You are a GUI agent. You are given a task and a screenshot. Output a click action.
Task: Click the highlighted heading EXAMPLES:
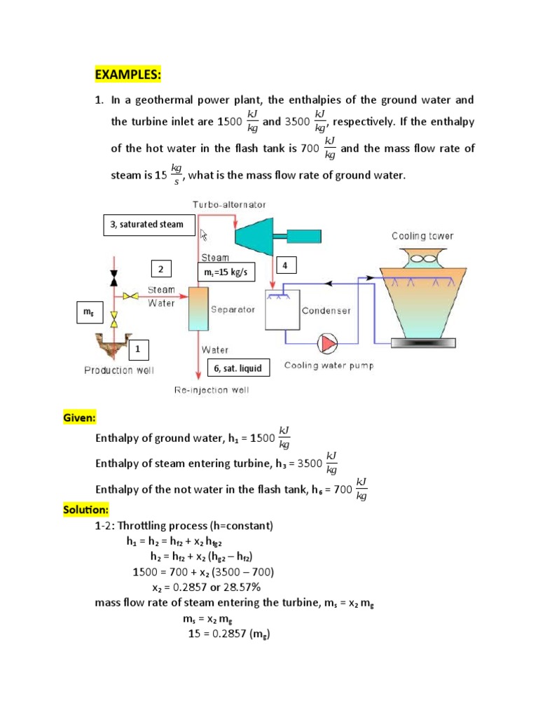pyautogui.click(x=128, y=75)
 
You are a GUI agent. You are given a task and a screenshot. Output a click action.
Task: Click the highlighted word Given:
pyautogui.click(x=78, y=418)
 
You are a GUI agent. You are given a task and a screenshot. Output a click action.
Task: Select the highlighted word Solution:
pyautogui.click(x=85, y=510)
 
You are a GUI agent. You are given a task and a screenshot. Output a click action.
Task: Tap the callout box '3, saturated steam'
pyautogui.click(x=147, y=224)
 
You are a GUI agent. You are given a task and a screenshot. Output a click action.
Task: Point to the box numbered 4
pyautogui.click(x=286, y=265)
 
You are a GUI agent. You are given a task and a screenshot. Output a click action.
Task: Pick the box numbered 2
pyautogui.click(x=160, y=270)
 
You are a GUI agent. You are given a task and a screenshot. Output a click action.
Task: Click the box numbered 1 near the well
pyautogui.click(x=138, y=348)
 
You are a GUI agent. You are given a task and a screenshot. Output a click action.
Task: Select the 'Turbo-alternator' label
pyautogui.click(x=229, y=204)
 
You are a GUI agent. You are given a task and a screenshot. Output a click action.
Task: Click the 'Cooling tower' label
pyautogui.click(x=422, y=237)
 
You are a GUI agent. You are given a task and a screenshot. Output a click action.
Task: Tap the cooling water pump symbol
pyautogui.click(x=327, y=343)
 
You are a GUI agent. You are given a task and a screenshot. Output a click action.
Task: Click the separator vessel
pyautogui.click(x=200, y=308)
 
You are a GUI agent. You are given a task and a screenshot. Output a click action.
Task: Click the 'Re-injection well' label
pyautogui.click(x=211, y=390)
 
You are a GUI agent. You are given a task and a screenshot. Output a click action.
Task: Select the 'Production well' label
pyautogui.click(x=119, y=370)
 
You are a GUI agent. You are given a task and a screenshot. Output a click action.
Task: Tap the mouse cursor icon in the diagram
pyautogui.click(x=204, y=235)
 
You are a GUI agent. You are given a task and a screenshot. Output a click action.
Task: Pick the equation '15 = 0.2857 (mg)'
pyautogui.click(x=229, y=634)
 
